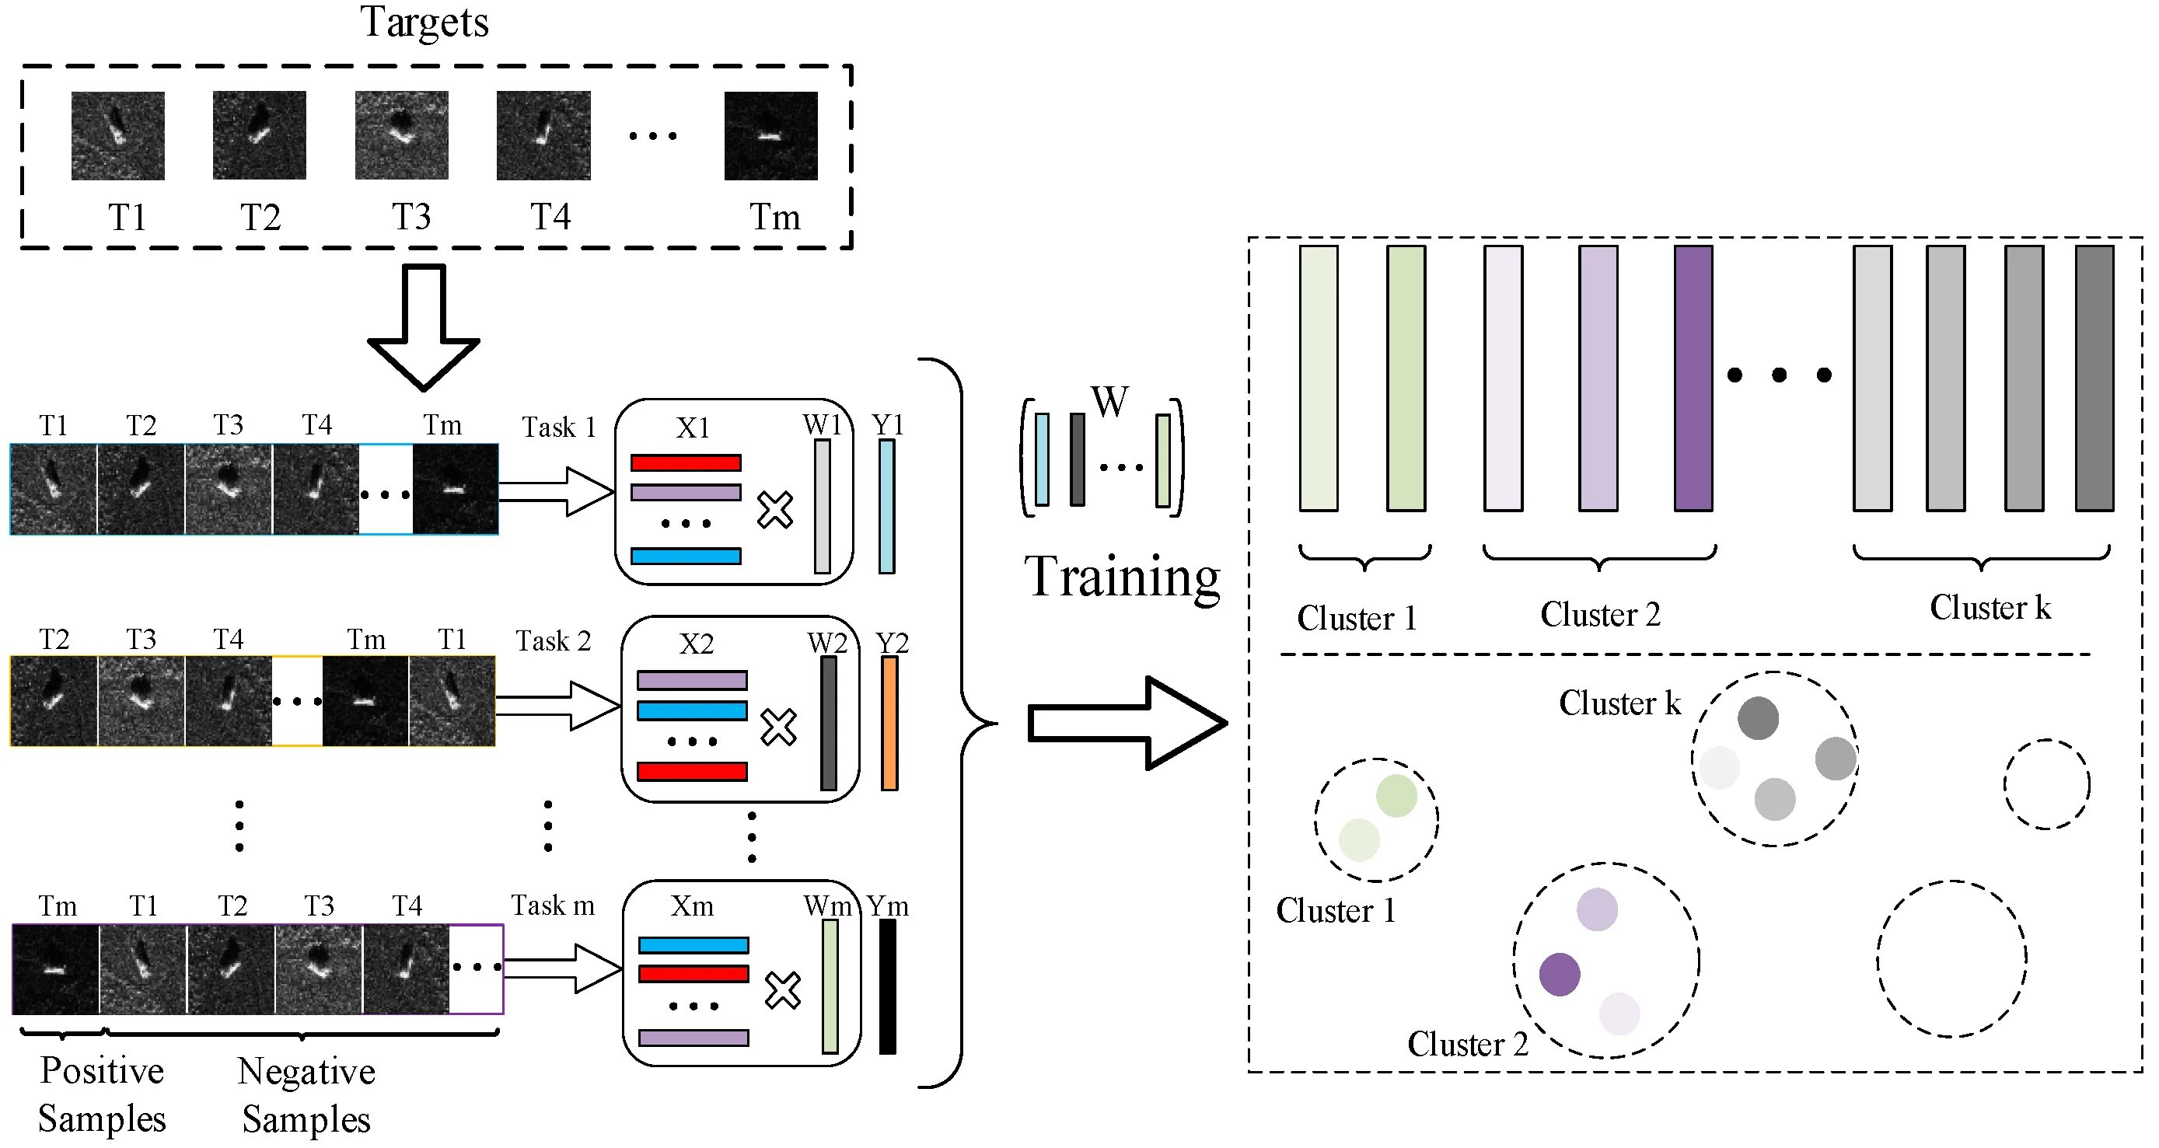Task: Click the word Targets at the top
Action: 424,23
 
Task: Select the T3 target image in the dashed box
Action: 401,136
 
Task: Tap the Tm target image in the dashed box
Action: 770,136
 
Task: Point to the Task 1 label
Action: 558,427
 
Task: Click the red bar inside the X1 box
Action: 686,462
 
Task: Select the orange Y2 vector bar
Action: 889,723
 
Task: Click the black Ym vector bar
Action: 888,986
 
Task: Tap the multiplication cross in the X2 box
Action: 778,727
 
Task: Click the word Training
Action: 1122,577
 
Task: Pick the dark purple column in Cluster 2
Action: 1693,378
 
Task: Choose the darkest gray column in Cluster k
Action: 2094,378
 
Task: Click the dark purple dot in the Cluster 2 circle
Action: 1560,975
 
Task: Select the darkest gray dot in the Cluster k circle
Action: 1758,718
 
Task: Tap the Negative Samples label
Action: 306,1095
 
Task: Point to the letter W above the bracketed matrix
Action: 1109,401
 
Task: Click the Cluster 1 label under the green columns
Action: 1356,619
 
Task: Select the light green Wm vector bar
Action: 830,986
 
